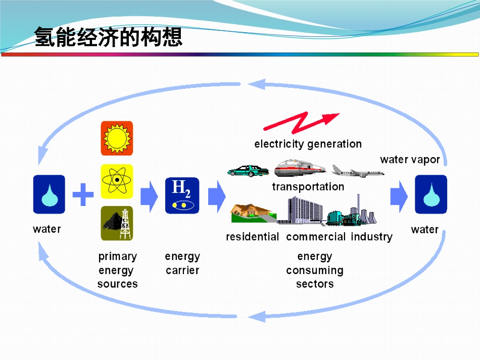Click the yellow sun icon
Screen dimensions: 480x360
(117, 138)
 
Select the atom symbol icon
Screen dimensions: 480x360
(117, 181)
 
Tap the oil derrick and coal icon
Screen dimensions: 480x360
(117, 223)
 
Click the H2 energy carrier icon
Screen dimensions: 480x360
(182, 195)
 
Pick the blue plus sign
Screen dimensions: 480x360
(83, 194)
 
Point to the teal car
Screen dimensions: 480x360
(248, 171)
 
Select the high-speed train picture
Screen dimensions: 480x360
(300, 168)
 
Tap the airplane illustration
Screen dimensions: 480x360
(358, 171)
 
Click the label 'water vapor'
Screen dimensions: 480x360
(410, 160)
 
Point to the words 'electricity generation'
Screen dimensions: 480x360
(308, 144)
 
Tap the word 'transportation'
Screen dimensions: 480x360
(308, 187)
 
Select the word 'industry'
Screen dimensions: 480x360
(372, 237)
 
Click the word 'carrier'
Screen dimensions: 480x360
(182, 271)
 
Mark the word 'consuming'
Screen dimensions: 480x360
(315, 271)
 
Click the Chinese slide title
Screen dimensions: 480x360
(108, 37)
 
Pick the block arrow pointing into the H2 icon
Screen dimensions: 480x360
(149, 196)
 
